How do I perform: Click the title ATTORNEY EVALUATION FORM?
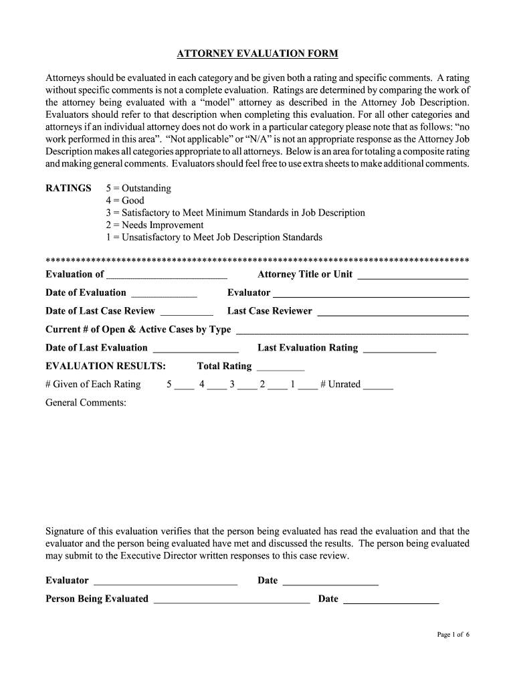[x=257, y=53]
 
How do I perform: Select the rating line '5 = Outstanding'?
[x=138, y=188]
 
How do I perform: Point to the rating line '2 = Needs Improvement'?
[x=154, y=225]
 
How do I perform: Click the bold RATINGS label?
[x=68, y=188]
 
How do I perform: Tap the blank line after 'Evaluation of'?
[x=167, y=275]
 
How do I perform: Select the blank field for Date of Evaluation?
[x=164, y=294]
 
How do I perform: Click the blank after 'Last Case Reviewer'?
[x=393, y=312]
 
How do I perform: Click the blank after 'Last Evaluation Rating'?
[x=399, y=349]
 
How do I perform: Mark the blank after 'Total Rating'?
[x=280, y=367]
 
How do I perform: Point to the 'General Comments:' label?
[x=86, y=403]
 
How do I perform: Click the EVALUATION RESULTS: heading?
[x=106, y=366]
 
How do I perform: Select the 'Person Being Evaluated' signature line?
[x=231, y=600]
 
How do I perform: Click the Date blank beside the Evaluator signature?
[x=330, y=582]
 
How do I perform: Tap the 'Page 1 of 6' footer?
[x=453, y=635]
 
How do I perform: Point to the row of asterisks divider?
[x=257, y=259]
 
